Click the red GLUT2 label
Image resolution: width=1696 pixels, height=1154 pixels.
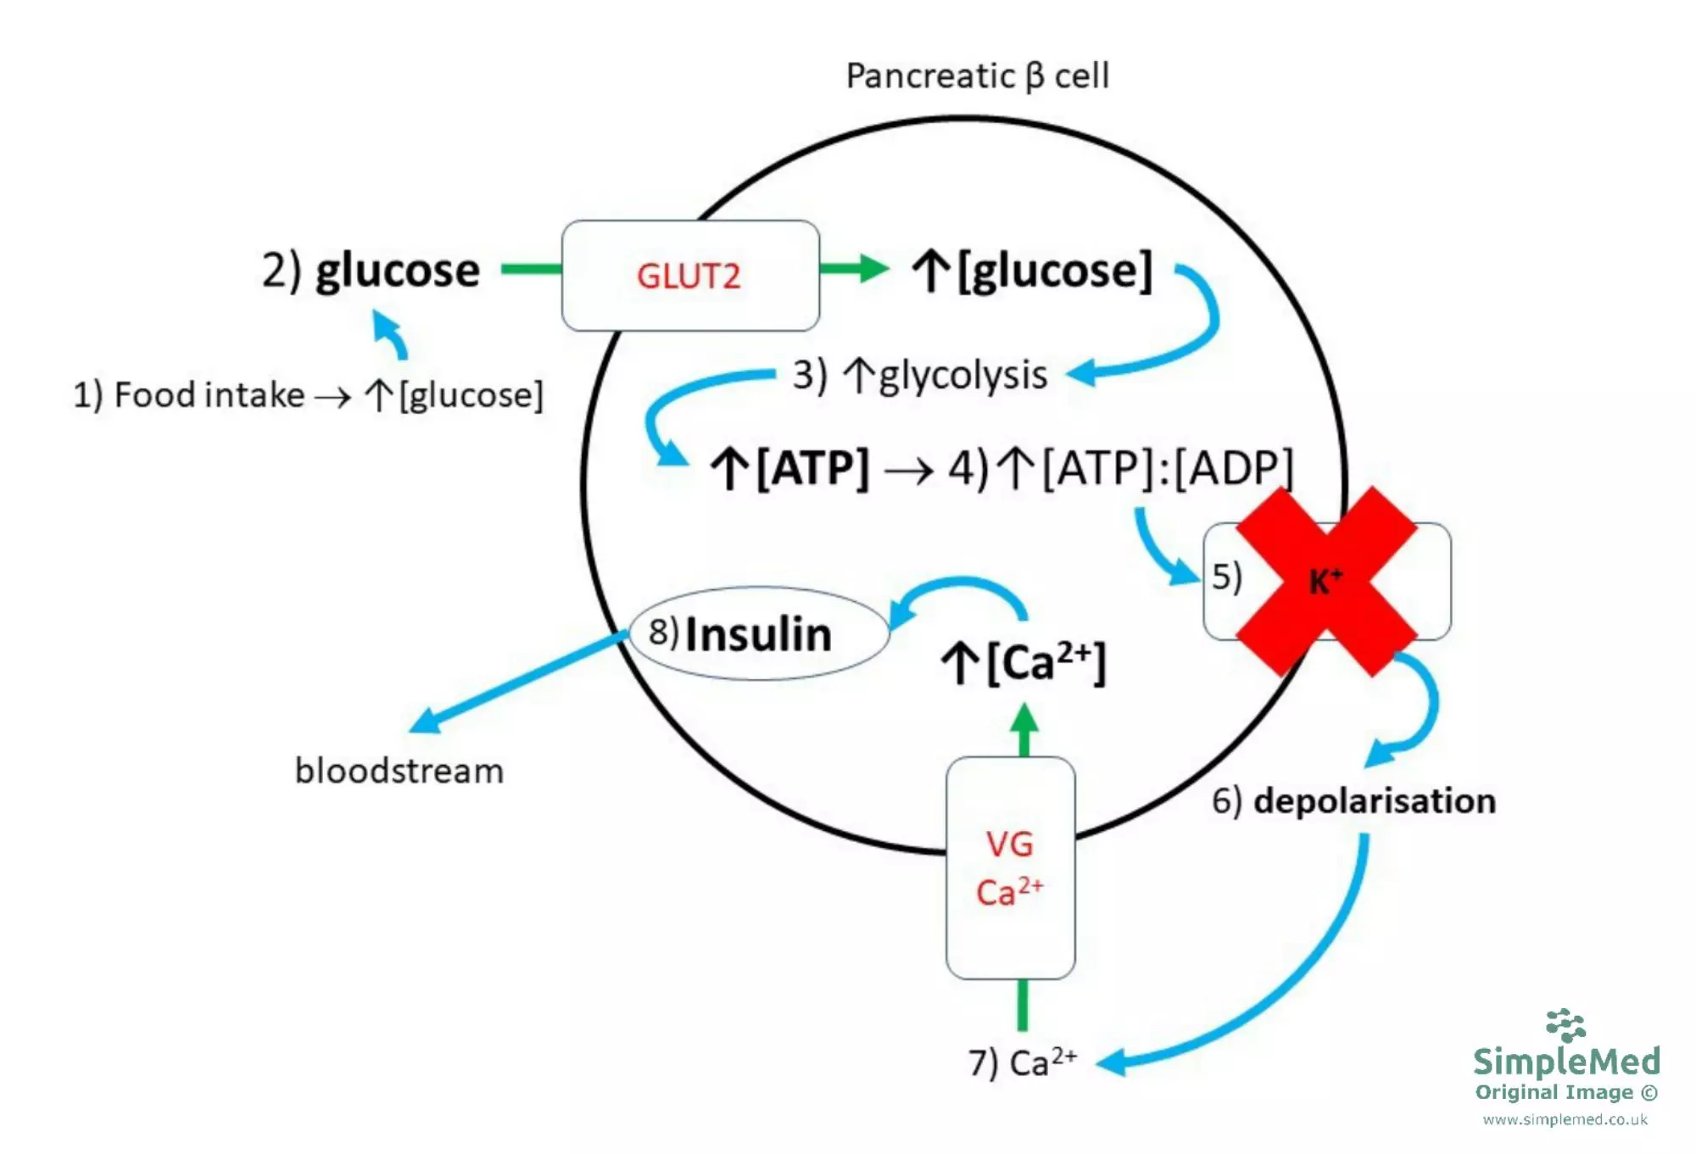pyautogui.click(x=688, y=276)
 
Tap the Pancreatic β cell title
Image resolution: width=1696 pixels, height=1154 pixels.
pyautogui.click(x=977, y=76)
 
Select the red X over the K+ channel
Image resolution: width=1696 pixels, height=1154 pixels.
pyautogui.click(x=1325, y=582)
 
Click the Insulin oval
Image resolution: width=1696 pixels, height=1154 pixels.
pyautogui.click(x=758, y=634)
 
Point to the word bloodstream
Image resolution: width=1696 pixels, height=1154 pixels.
pyautogui.click(x=399, y=772)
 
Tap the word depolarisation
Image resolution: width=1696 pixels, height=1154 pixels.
pyautogui.click(x=1374, y=801)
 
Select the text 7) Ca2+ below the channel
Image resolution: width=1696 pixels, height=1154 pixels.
pyautogui.click(x=1023, y=1062)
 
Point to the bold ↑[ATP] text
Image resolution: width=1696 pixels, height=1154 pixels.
pyautogui.click(x=790, y=468)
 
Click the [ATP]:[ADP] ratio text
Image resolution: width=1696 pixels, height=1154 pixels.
pyautogui.click(x=1166, y=468)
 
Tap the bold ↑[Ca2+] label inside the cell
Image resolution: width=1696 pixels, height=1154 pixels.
pyautogui.click(x=1024, y=662)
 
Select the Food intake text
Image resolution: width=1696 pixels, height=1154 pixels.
pyautogui.click(x=209, y=395)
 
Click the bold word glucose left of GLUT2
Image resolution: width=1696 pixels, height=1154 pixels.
pyautogui.click(x=397, y=271)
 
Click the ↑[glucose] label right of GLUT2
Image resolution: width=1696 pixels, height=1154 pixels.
pyautogui.click(x=1033, y=271)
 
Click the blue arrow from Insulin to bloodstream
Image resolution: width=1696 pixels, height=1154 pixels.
pyautogui.click(x=517, y=683)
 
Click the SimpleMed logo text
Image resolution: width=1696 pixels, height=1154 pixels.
pyautogui.click(x=1566, y=1061)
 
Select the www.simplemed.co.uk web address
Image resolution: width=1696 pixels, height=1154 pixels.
pyautogui.click(x=1565, y=1120)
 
